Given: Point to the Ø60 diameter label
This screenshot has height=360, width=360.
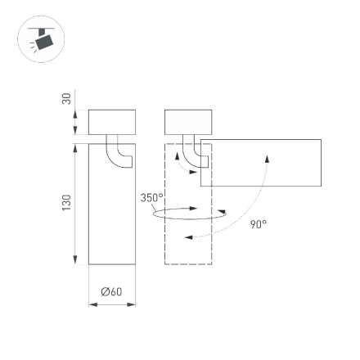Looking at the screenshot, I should (x=111, y=292).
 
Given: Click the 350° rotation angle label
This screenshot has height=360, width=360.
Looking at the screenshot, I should (x=152, y=197).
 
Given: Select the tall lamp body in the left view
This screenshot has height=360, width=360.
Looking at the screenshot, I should (x=111, y=213).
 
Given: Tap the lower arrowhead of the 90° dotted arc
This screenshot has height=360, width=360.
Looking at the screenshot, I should (x=187, y=237).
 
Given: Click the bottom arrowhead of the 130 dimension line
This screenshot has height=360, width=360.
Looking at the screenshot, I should (x=75, y=259).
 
